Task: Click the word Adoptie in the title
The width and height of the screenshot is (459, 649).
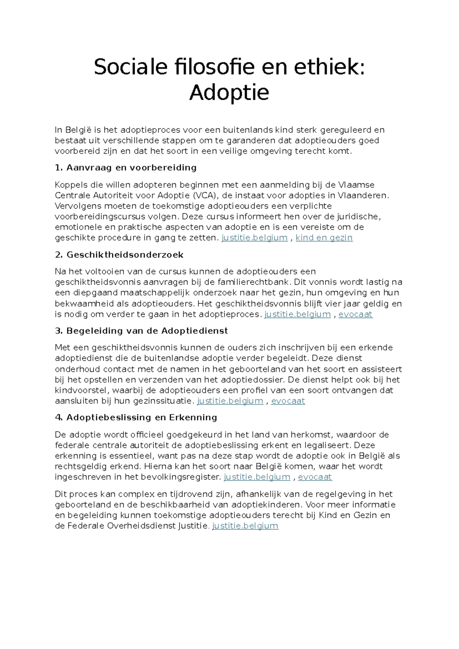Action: coord(229,92)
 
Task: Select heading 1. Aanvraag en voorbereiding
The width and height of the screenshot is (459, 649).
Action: coord(126,168)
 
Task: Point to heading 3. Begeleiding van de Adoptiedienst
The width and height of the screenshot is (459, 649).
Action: coord(142,331)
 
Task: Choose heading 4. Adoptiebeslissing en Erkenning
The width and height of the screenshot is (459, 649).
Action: coord(136,417)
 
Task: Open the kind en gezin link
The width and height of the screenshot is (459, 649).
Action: coord(324,238)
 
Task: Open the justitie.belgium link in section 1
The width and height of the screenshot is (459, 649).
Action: coord(254,238)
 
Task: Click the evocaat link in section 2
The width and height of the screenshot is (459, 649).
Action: coord(355,314)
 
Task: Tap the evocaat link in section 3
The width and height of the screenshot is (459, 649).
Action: coord(288,401)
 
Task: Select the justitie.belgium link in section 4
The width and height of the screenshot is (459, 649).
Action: coord(257,477)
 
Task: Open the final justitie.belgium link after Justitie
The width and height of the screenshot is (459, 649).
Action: coord(245,525)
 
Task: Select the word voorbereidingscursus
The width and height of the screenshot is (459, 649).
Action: coord(100,217)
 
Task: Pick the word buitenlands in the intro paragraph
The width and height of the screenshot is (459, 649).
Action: coord(248,130)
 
